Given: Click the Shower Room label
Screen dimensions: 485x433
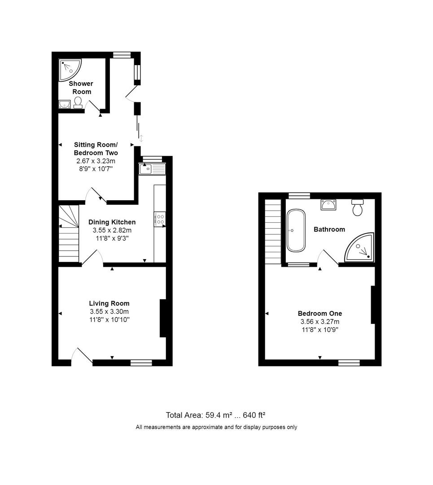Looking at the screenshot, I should coord(81,88).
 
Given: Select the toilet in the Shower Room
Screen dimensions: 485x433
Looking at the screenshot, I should coord(78,103).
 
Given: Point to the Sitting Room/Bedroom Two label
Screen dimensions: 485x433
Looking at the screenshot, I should coord(96,149).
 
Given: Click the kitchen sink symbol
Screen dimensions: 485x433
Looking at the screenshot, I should coord(152,169).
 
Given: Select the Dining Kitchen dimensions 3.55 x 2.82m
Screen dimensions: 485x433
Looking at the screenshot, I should coord(112,230).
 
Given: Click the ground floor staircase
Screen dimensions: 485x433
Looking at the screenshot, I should coord(68,233).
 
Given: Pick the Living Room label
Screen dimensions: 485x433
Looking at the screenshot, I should coord(109,304).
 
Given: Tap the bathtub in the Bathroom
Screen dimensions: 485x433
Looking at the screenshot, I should coord(296,230).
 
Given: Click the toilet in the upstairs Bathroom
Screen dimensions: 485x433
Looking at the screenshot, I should coord(358,207).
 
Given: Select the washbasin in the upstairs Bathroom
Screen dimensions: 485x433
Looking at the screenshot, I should coord(328,205).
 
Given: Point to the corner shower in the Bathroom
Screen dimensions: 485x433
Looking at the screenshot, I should coord(360,248).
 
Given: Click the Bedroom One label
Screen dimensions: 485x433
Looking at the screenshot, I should coord(320,313).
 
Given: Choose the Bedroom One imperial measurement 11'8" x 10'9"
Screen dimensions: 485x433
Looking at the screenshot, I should coord(320,330).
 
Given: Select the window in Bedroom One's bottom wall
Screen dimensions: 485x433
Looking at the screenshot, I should coord(349,362).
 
